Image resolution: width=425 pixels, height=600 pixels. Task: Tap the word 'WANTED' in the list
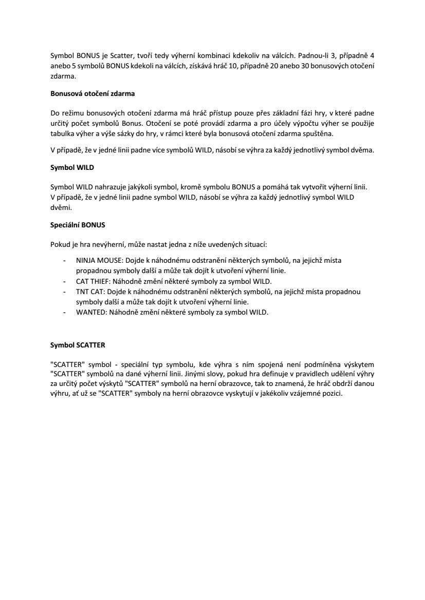[x=89, y=313]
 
